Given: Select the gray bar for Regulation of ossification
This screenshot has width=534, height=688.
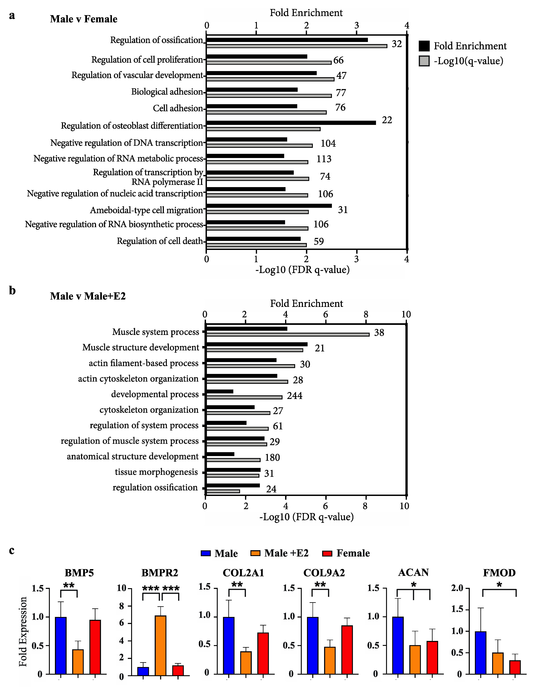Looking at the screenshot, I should [296, 46].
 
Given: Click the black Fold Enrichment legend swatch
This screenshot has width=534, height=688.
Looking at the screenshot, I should [424, 46].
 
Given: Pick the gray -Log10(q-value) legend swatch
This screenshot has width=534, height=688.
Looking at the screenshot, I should [424, 61].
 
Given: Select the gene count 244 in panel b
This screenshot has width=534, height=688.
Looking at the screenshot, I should [294, 396].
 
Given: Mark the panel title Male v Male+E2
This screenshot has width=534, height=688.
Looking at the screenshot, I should [88, 296].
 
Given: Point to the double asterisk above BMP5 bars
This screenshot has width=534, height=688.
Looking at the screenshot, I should [69, 586].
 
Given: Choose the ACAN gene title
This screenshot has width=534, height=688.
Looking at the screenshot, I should [413, 572].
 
